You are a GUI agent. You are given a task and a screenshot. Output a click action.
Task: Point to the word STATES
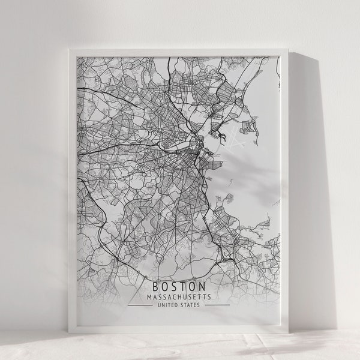point(191,304)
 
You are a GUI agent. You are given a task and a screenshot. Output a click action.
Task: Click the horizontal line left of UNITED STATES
point(143,305)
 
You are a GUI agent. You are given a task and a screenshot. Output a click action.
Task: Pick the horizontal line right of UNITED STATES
point(217,305)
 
